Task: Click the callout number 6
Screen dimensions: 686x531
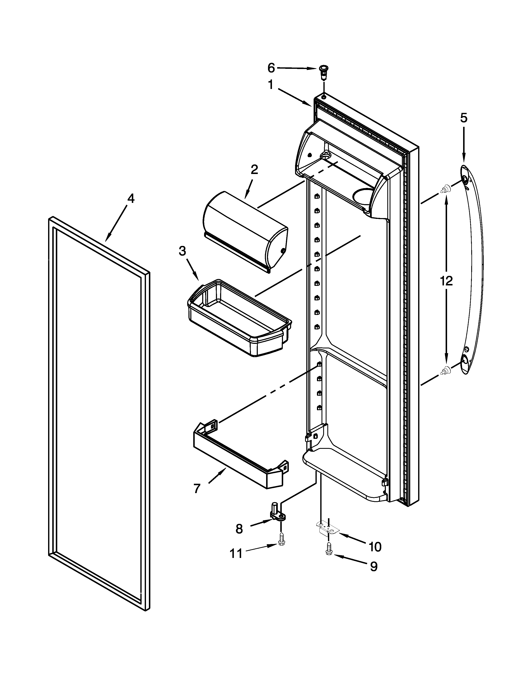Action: pyautogui.click(x=271, y=68)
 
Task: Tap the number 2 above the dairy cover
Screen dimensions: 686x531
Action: pyautogui.click(x=254, y=170)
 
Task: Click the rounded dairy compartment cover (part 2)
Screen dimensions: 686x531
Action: pyautogui.click(x=245, y=231)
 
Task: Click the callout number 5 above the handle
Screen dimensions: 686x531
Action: pyautogui.click(x=464, y=118)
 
